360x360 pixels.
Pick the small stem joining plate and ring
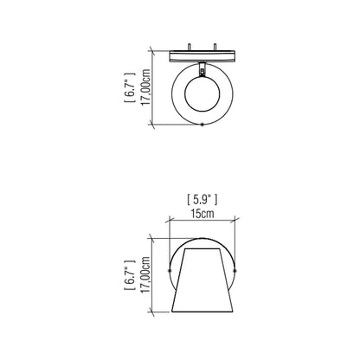tap(202, 67)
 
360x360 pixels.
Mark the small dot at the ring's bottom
tap(202, 126)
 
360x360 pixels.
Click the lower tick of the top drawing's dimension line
tap(154, 126)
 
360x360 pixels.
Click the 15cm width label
tap(202, 213)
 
